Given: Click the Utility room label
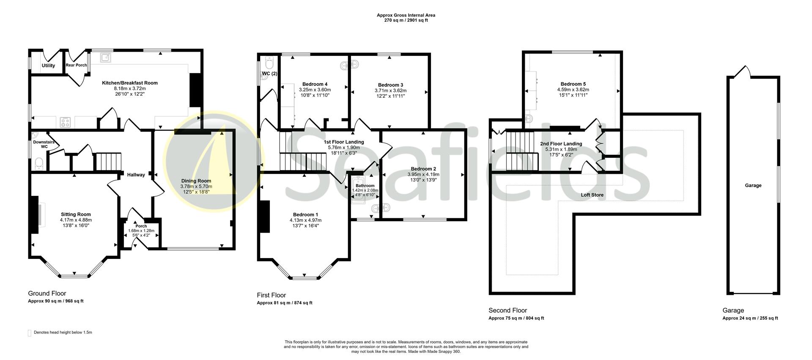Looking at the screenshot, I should [48, 66].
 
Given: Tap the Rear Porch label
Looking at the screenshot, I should [76, 65].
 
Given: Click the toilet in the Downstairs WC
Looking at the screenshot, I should [38, 163].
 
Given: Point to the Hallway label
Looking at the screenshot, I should [136, 175].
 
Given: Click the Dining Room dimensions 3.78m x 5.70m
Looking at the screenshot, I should [196, 186].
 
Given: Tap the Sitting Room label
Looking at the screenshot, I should [76, 214].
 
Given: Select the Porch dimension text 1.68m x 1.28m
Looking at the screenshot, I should [141, 231].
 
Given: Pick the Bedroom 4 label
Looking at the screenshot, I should [315, 84].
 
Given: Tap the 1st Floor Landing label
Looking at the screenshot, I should [343, 142].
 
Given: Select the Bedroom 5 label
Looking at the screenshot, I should [573, 84].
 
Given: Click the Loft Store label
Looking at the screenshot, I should [592, 195].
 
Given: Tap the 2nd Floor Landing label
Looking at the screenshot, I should [561, 144].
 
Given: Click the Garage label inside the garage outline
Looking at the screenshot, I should [753, 185].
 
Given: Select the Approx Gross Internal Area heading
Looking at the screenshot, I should [406, 15].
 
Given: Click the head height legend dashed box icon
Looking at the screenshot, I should [30, 333].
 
